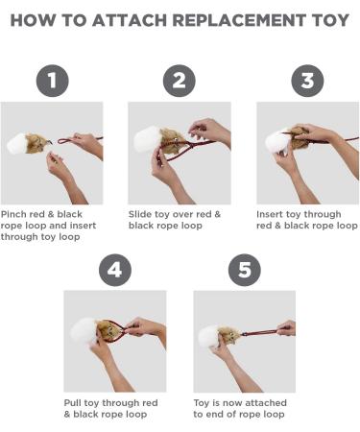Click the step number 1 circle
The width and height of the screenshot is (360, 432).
52,80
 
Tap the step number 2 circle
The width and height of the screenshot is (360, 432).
180,80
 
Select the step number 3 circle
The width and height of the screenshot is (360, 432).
306,80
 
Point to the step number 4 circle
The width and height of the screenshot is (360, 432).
115,269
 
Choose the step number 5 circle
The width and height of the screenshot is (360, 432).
243,269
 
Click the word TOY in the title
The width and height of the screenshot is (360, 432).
325,18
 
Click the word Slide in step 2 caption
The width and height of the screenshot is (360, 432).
142,213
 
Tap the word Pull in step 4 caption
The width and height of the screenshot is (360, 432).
75,402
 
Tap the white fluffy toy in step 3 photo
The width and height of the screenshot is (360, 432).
276,141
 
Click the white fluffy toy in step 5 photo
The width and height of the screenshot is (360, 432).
207,337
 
